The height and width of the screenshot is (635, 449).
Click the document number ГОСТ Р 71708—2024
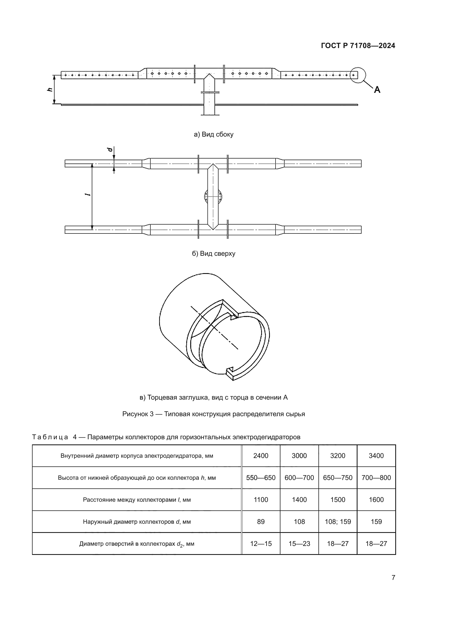[x=358, y=46]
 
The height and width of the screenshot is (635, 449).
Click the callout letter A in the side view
[x=377, y=90]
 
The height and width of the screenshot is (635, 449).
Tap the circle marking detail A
[x=358, y=75]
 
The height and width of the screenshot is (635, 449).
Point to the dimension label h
[x=50, y=89]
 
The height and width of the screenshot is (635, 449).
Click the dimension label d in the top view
[x=110, y=149]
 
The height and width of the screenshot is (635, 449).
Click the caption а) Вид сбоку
[x=213, y=134]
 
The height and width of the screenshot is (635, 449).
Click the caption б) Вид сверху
[x=213, y=253]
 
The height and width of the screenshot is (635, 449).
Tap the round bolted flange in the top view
[x=213, y=197]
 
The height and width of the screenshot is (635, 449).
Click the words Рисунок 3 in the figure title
[x=138, y=414]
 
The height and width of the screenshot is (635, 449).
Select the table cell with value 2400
[x=261, y=456]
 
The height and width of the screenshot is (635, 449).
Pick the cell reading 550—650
[x=261, y=478]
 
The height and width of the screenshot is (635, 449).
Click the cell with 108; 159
[x=338, y=522]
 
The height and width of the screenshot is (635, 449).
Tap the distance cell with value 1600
[x=376, y=500]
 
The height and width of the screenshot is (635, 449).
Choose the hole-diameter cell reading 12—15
[x=261, y=544]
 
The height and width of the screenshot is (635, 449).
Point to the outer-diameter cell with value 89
[x=261, y=522]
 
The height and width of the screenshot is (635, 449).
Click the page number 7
[x=393, y=577]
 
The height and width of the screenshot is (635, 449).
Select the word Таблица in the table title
[x=50, y=437]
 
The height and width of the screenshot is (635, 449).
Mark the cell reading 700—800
[x=376, y=478]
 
